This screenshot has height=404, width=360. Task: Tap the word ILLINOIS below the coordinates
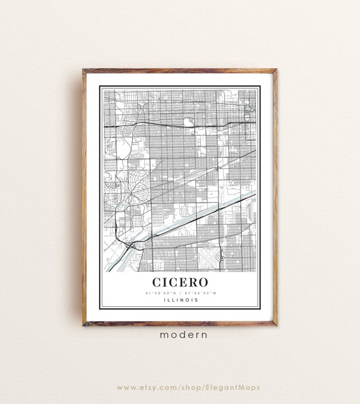(180, 300)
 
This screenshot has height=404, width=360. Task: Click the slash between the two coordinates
(181, 293)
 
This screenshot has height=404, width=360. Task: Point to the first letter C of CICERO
(157, 281)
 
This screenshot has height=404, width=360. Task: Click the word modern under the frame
(179, 335)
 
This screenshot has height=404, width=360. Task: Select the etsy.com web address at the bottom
(179, 386)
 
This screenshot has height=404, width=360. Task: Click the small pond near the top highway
(188, 122)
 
